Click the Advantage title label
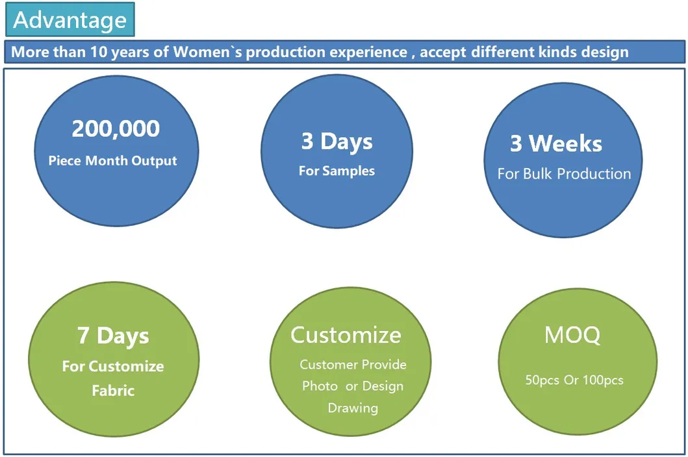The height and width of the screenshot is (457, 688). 70,20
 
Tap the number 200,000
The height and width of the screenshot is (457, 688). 116,129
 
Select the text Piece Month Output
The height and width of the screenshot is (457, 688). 113,161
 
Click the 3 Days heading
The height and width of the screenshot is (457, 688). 337,142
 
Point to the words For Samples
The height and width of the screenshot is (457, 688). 337,171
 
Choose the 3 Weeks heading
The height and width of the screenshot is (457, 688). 556,143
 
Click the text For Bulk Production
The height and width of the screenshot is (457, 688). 565,174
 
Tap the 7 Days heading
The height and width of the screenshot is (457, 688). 113,336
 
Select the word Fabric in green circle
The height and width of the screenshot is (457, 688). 113,390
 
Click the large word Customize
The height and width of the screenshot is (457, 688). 346,335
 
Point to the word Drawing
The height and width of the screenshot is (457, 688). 353,408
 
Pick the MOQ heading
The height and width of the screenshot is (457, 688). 572,335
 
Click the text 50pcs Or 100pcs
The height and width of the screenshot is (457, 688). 574,380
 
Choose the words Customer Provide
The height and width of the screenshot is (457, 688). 353,364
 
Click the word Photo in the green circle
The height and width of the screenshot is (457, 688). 320,386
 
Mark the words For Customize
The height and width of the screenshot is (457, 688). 113,366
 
